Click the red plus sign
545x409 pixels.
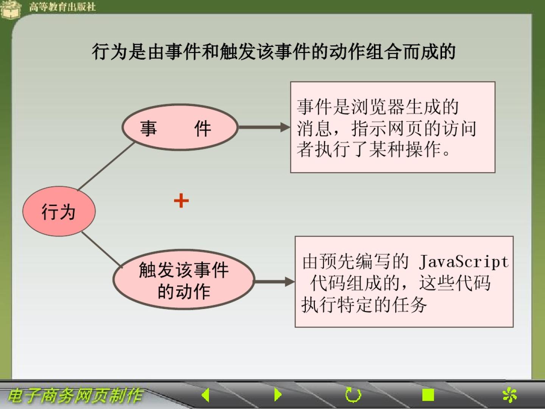point(181,200)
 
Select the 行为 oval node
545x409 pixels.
point(59,211)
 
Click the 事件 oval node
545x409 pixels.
point(180,127)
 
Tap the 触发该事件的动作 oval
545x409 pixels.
point(184,279)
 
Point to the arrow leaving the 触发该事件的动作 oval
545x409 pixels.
point(275,282)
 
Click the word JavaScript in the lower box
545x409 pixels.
point(464,262)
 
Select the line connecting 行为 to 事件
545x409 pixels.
point(106,166)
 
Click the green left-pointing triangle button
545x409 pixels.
point(206,395)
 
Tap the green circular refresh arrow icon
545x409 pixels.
point(353,395)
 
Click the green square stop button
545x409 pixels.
point(428,395)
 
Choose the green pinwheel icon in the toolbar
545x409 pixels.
point(509,395)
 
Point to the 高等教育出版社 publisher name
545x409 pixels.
point(62,7)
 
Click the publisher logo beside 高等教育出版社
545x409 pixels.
point(11,9)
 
